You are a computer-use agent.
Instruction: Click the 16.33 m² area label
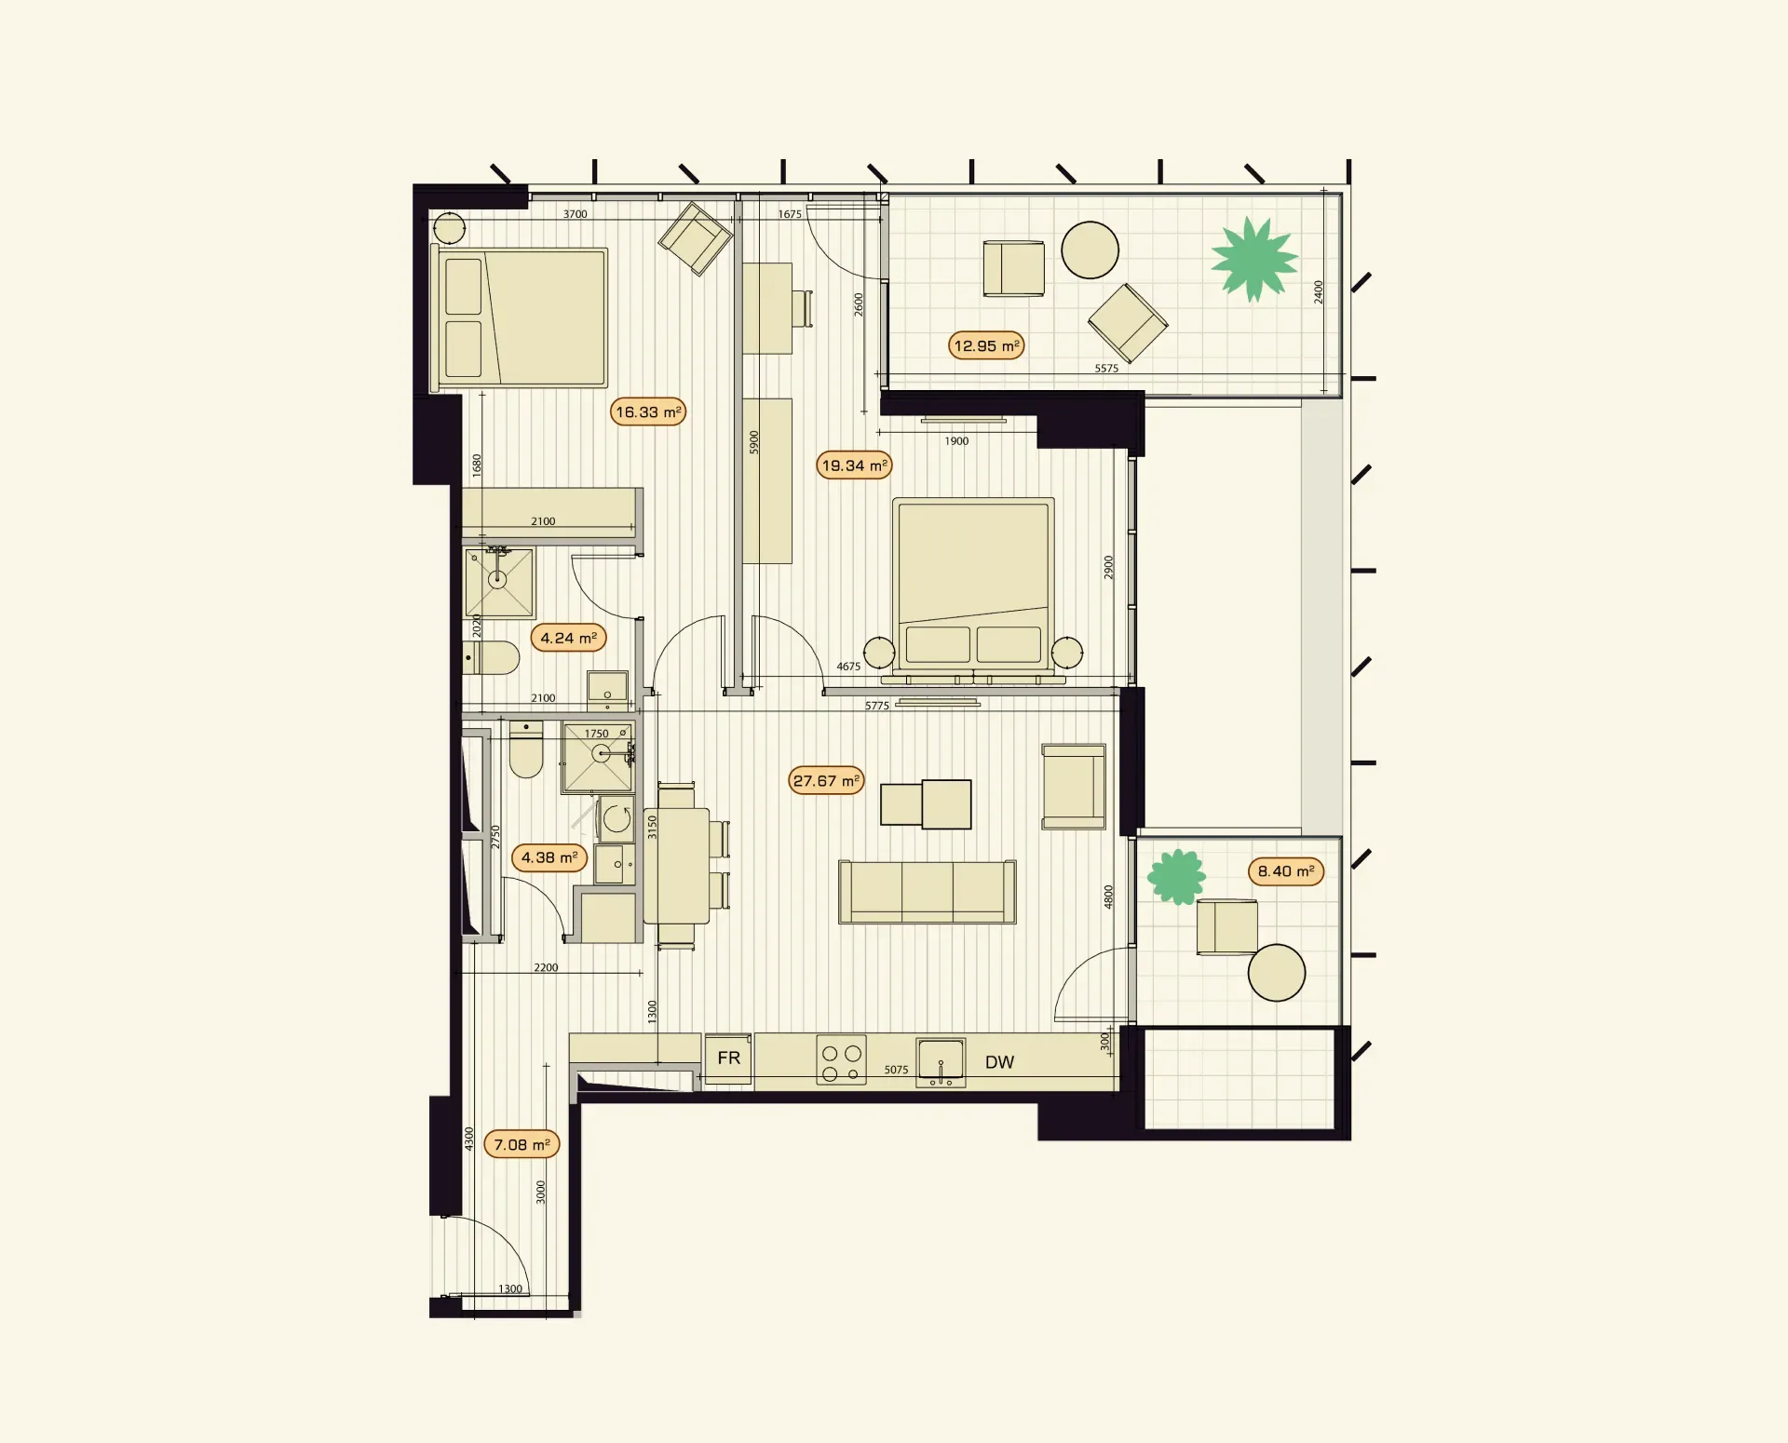(648, 411)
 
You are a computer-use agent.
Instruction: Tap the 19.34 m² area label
(854, 465)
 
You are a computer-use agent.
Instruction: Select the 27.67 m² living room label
(826, 780)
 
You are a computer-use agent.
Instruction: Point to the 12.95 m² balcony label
(986, 345)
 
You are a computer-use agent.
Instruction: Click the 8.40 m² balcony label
(1286, 871)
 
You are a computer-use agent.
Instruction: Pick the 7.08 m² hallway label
(521, 1144)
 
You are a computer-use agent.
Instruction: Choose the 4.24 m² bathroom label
(568, 638)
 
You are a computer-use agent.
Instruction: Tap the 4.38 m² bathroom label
(549, 857)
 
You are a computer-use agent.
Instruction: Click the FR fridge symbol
(728, 1059)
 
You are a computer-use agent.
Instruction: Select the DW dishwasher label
(999, 1062)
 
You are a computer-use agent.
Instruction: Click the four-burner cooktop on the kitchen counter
(842, 1060)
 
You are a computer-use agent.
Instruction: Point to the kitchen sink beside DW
(941, 1062)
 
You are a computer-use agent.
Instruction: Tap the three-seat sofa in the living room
(928, 892)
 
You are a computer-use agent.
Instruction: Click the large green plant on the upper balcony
(1254, 259)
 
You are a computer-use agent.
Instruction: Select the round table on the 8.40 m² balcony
(1277, 973)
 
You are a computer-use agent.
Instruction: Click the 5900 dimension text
(754, 443)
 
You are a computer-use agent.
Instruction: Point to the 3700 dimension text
(576, 214)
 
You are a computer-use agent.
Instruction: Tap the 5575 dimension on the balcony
(1106, 369)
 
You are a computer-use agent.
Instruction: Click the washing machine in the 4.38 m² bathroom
(616, 819)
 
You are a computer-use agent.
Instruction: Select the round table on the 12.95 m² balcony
(1090, 250)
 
